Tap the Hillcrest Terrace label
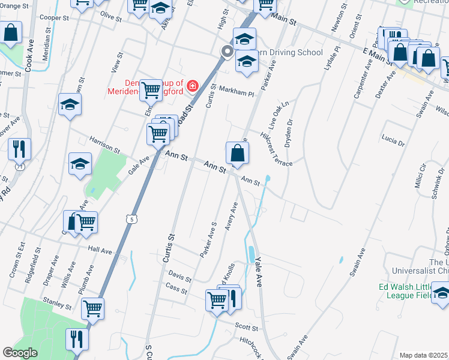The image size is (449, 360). point(277,149)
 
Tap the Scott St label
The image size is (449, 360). point(247,328)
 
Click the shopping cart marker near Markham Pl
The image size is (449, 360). point(151,91)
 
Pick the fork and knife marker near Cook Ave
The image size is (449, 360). point(19,148)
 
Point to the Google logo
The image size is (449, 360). point(20,353)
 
